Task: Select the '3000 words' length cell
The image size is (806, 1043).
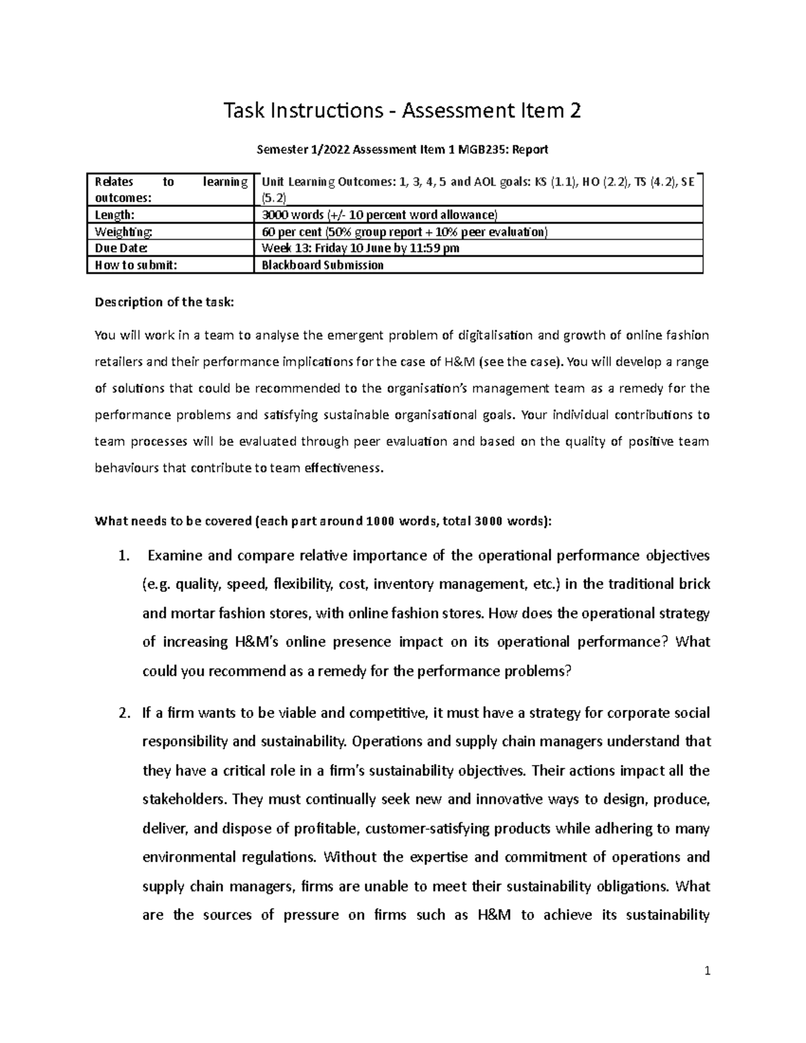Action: [x=289, y=216]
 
